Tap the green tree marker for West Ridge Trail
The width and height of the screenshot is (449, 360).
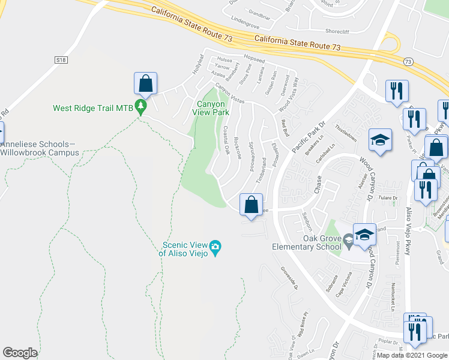click(x=141, y=107)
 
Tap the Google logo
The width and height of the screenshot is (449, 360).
click(x=20, y=352)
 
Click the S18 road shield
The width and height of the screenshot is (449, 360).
click(x=61, y=60)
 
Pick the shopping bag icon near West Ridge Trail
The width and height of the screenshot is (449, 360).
click(x=146, y=84)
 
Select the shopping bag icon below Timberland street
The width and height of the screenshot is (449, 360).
click(x=252, y=205)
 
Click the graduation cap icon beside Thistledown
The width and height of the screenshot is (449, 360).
click(x=380, y=140)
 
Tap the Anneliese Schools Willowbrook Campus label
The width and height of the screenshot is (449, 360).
click(x=40, y=148)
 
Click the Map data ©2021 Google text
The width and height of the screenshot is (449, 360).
click(x=412, y=355)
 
